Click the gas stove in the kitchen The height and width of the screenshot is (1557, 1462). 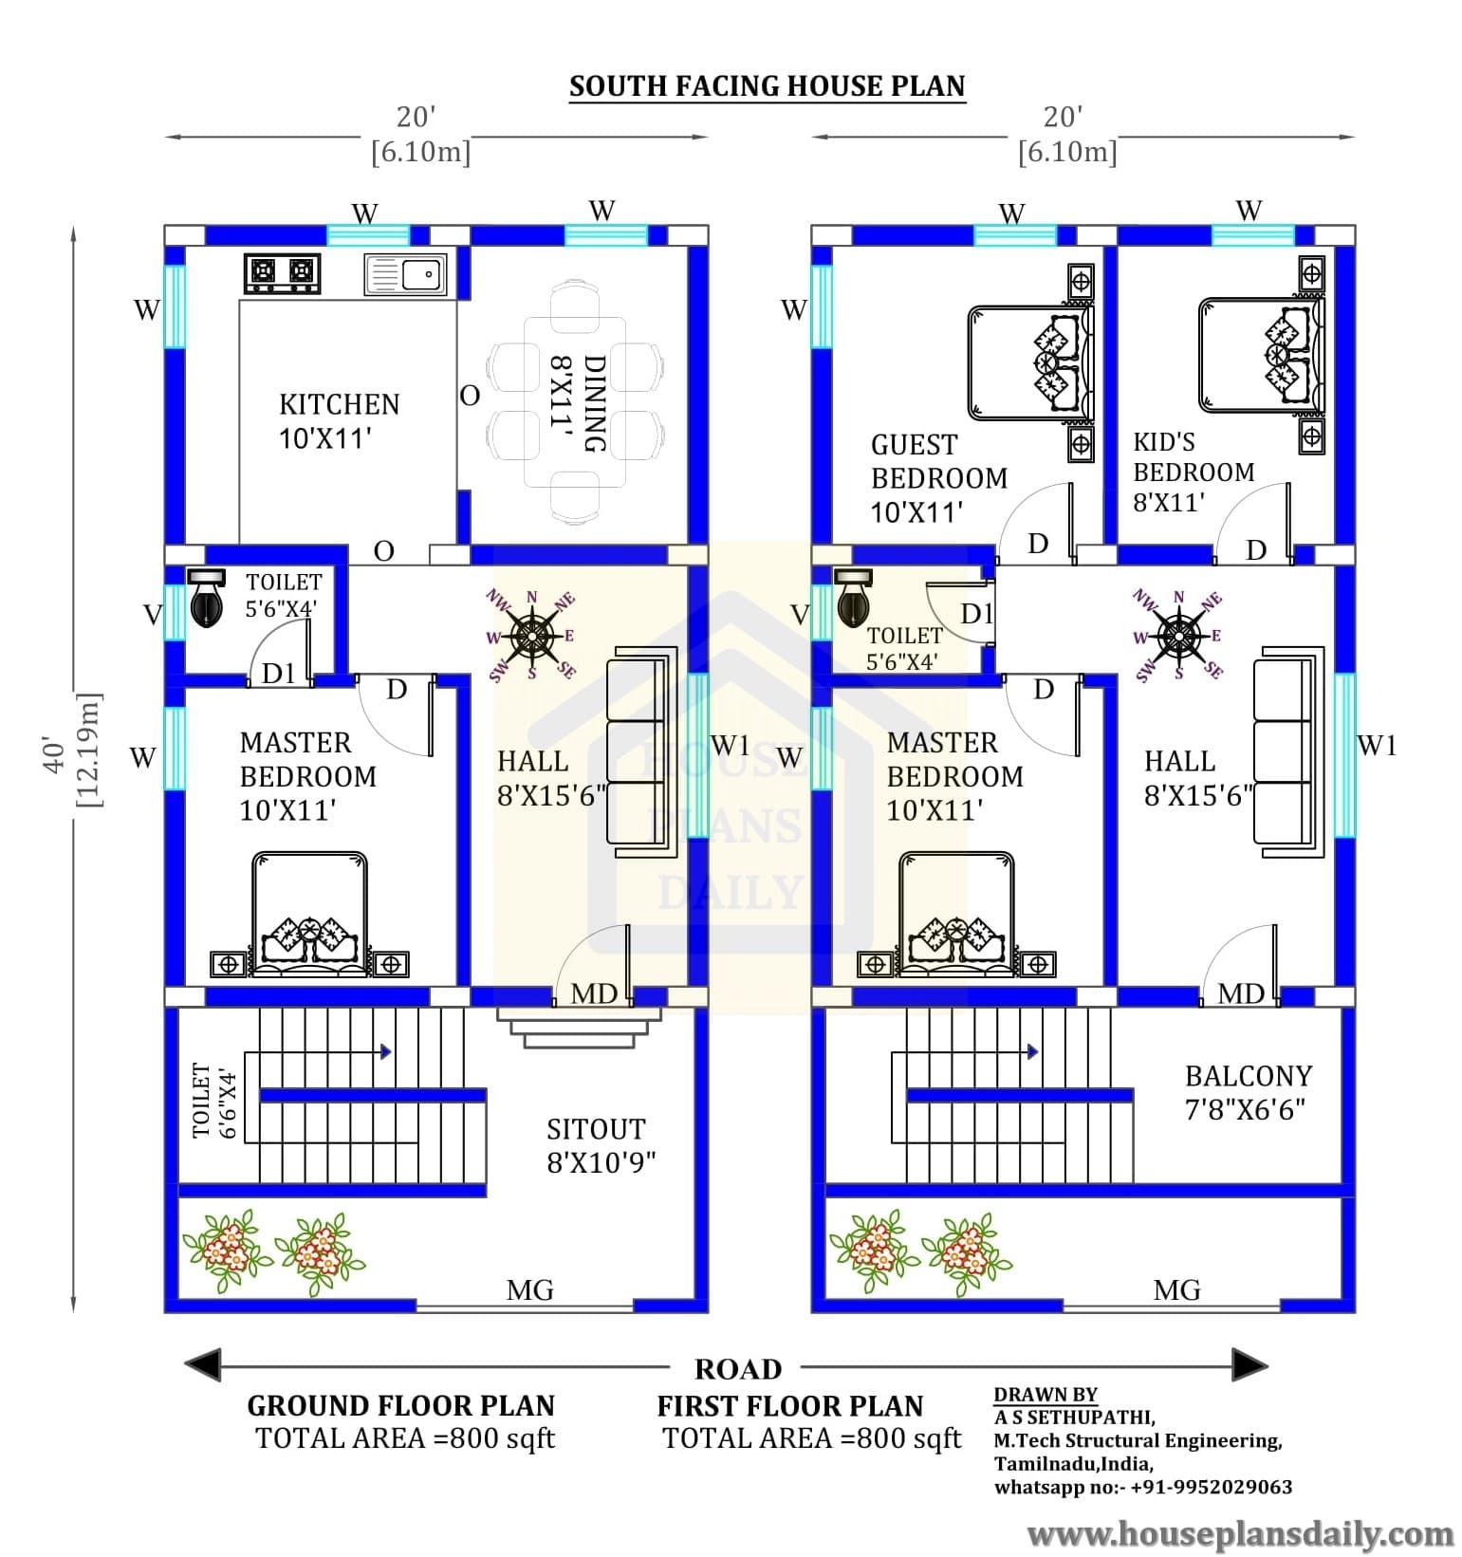[282, 273]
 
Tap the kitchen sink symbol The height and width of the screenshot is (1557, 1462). [405, 274]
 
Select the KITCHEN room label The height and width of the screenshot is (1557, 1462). [339, 405]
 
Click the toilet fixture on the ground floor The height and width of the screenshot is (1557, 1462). [206, 598]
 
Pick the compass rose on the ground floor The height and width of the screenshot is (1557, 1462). [532, 635]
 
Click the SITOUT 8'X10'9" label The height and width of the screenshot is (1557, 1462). [601, 1145]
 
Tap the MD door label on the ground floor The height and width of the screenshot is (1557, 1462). [594, 993]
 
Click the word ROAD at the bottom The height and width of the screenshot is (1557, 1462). [738, 1369]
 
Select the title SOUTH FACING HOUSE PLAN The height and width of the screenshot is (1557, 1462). [767, 86]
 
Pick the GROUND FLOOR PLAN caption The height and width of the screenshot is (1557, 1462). [401, 1405]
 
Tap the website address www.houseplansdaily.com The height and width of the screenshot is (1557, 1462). [1241, 1533]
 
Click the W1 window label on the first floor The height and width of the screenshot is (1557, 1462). [1377, 746]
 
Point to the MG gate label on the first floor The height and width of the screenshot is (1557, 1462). [1176, 1290]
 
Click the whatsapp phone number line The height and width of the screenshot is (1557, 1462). [1143, 1487]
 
